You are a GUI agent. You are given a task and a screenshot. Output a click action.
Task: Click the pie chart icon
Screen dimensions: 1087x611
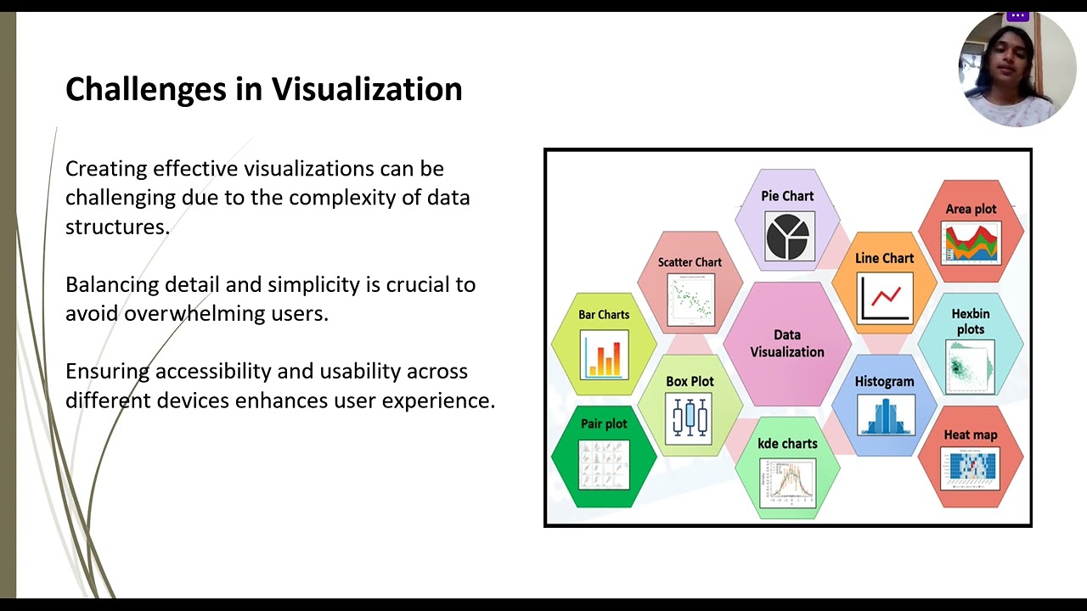tap(787, 236)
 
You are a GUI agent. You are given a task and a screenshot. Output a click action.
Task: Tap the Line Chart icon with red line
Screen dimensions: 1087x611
tap(884, 297)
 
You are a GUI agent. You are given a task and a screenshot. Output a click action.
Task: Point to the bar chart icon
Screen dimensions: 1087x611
tap(604, 354)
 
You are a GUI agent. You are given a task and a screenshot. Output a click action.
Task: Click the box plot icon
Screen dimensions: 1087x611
tap(690, 418)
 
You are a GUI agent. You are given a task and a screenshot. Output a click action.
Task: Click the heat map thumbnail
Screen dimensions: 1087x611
tap(971, 468)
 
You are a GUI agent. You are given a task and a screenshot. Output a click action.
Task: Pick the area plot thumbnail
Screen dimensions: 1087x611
tap(971, 243)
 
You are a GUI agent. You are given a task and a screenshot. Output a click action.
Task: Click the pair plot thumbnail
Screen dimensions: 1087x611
tap(604, 464)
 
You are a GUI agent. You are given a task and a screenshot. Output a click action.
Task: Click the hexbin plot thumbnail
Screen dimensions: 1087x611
tap(971, 367)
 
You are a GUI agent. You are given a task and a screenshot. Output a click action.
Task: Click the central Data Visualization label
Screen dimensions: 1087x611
tap(787, 344)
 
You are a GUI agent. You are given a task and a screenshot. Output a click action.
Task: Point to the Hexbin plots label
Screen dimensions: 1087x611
tap(970, 322)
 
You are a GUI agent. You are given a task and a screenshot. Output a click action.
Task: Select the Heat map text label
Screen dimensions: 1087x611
tap(971, 434)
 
